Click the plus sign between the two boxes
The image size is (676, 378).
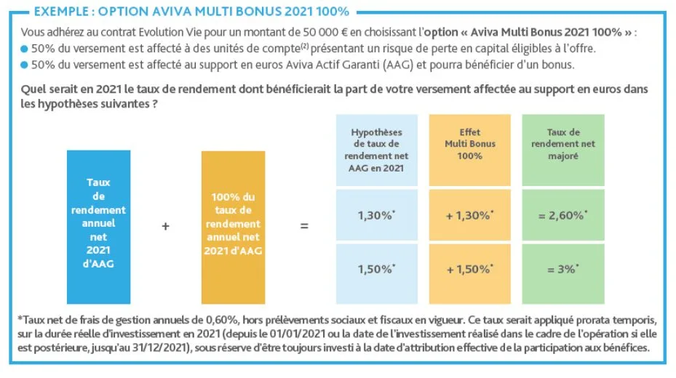pyautogui.click(x=165, y=226)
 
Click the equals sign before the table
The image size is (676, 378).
pyautogui.click(x=304, y=226)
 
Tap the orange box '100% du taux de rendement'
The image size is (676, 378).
pyautogui.click(x=233, y=221)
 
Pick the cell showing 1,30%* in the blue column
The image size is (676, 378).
pyautogui.click(x=377, y=215)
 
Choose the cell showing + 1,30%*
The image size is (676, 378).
pyautogui.click(x=470, y=215)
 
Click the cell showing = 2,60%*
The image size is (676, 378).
pyautogui.click(x=563, y=215)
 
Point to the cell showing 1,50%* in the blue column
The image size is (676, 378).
pyautogui.click(x=377, y=268)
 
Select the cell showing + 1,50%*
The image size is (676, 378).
pyautogui.click(x=470, y=268)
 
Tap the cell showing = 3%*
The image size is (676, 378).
pyautogui.click(x=563, y=268)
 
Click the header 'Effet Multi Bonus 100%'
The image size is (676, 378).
pyautogui.click(x=470, y=144)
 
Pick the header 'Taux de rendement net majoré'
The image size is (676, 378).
pyautogui.click(x=563, y=144)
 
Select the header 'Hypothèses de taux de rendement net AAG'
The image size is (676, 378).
pyautogui.click(x=377, y=149)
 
